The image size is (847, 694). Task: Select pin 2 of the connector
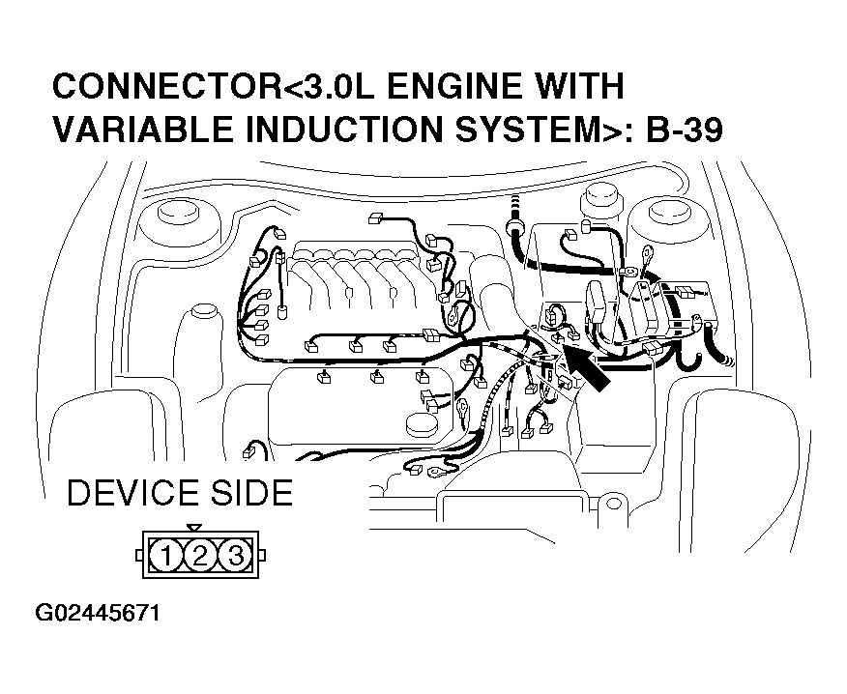tap(199, 555)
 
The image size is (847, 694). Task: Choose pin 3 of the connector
tap(232, 555)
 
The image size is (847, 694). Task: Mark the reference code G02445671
tap(97, 615)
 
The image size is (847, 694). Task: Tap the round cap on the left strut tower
tap(175, 212)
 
